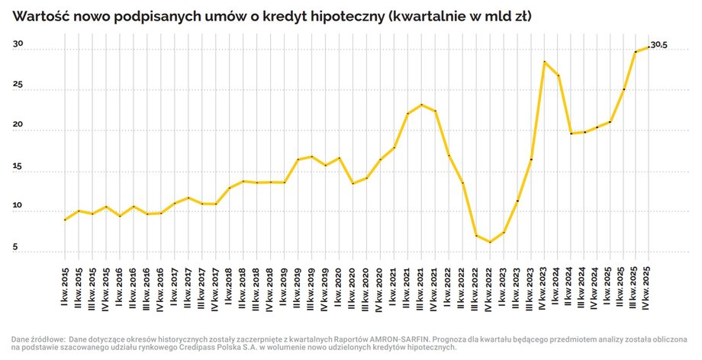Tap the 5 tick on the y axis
point(14,247)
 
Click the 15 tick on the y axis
point(17,166)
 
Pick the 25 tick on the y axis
point(17,85)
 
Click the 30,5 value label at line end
point(659,46)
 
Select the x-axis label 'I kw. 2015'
point(65,288)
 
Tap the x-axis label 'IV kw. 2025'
point(649,288)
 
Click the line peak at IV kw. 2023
point(545,61)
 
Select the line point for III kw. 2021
point(422,104)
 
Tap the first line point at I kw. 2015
point(65,220)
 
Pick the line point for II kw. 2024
point(572,133)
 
